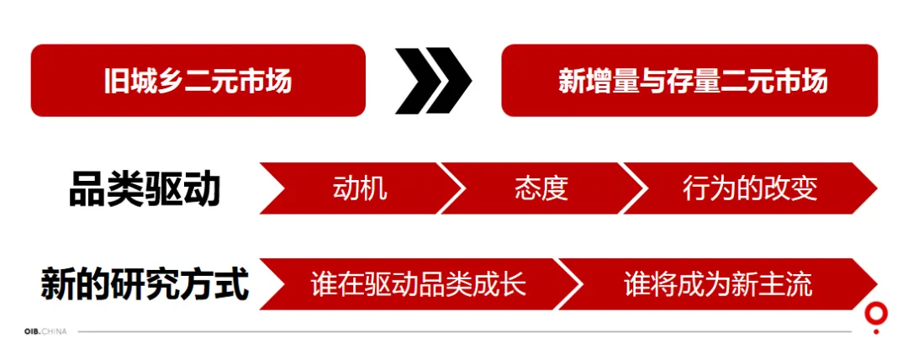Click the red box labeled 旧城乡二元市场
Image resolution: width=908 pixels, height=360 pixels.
(198, 81)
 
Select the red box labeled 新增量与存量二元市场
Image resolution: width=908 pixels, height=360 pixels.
(689, 81)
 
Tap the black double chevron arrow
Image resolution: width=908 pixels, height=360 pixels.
(433, 81)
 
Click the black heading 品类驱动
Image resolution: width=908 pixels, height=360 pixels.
(145, 188)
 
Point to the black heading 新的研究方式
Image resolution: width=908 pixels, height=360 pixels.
(145, 284)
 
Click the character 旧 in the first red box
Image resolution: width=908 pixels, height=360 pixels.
(116, 82)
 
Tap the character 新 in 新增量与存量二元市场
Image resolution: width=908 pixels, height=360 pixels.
(571, 82)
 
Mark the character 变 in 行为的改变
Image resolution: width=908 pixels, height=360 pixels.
(804, 188)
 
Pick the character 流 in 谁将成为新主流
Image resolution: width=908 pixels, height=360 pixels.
(800, 284)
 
